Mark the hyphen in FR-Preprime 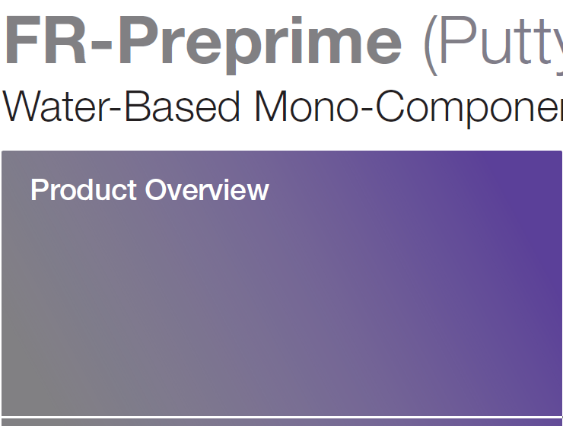tap(103, 47)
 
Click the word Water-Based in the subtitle tap(122, 106)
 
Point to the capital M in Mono tap(272, 106)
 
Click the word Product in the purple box tap(84, 190)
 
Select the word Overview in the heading tap(207, 190)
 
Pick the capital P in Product tap(38, 190)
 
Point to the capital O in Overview tap(155, 190)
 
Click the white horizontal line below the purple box tap(281, 417)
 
